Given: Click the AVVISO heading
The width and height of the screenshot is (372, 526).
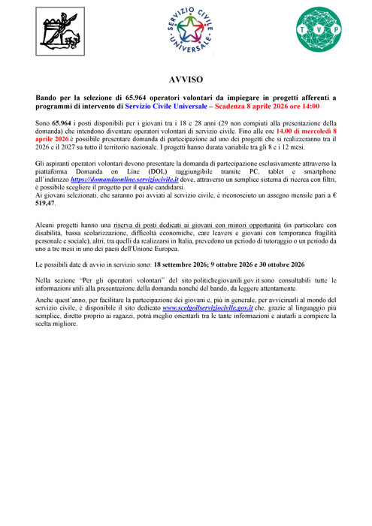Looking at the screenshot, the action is coord(186,79).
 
